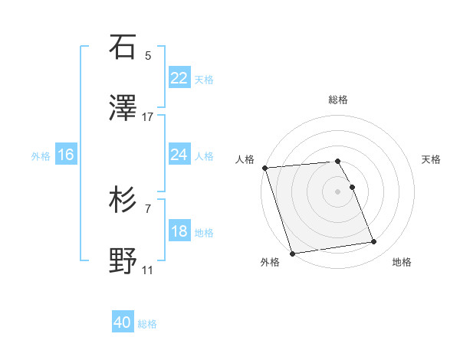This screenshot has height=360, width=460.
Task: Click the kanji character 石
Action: point(123,47)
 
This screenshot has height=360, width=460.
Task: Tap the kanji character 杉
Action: point(123,200)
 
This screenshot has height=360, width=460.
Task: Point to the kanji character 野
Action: point(123,260)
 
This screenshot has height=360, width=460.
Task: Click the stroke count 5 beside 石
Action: point(148,56)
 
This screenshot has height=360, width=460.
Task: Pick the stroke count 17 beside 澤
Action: point(148,116)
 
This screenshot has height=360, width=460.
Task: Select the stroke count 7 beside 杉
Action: point(148,208)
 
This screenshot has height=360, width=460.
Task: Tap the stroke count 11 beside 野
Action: point(148,270)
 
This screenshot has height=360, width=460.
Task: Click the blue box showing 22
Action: point(179,78)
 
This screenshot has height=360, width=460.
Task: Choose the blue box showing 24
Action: point(179,155)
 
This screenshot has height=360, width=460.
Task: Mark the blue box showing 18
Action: point(179,231)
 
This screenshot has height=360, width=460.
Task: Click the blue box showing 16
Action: point(66,155)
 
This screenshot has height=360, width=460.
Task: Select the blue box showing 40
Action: point(123,323)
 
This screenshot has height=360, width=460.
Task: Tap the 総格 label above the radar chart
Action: point(338,100)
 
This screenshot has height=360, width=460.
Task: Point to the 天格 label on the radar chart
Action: point(431,159)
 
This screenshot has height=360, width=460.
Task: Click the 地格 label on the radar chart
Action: point(402,262)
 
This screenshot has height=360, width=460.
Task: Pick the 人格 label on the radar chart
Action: point(245,159)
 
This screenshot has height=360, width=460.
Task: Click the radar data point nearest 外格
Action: point(291,253)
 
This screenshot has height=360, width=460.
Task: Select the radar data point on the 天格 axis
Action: point(352,187)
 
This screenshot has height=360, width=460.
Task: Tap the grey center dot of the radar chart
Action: point(338,191)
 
